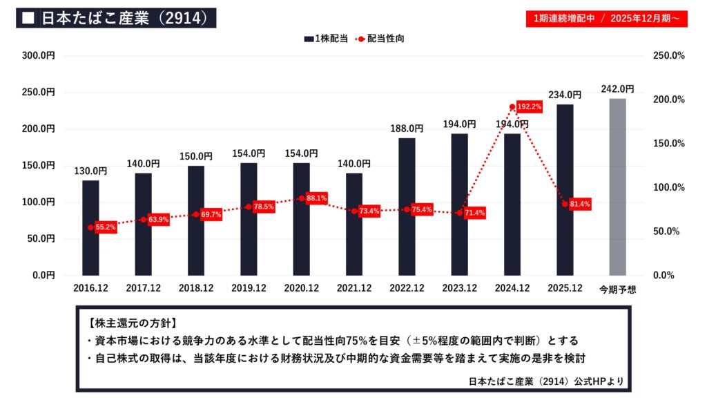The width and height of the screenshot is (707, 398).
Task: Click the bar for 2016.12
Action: click(90, 227)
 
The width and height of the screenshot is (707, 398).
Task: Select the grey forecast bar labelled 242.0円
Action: click(617, 187)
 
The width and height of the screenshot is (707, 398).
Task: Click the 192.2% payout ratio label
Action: click(530, 107)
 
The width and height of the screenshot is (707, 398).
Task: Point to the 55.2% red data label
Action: click(106, 227)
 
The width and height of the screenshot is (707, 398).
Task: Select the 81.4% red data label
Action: click(579, 204)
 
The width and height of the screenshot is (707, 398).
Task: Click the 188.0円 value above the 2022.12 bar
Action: click(407, 128)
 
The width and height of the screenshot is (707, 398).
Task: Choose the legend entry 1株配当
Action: click(325, 39)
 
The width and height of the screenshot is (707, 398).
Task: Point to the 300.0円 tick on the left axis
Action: click(39, 55)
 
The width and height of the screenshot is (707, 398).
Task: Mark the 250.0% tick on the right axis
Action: click(668, 55)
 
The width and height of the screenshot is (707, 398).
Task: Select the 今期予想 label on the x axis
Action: click(617, 290)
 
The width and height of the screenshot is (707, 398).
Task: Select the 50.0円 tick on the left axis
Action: click(41, 238)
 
